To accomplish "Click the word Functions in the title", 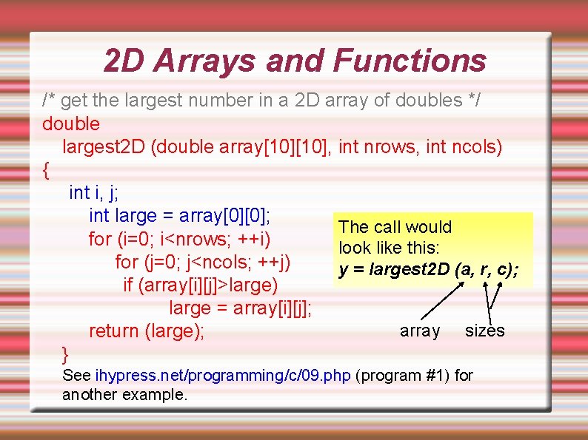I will [x=410, y=61].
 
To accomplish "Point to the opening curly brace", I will [x=47, y=170].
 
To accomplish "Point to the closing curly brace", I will [x=66, y=352].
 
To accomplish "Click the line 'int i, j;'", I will [x=93, y=193].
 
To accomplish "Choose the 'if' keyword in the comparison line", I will [x=129, y=285].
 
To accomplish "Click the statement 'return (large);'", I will [x=147, y=331].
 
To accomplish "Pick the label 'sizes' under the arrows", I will [x=484, y=331].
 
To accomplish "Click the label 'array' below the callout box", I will [x=420, y=331].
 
